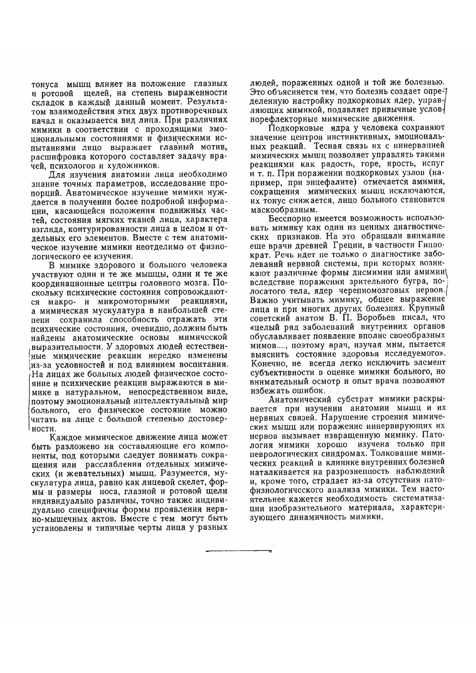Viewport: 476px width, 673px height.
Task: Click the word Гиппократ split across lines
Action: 430,244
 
